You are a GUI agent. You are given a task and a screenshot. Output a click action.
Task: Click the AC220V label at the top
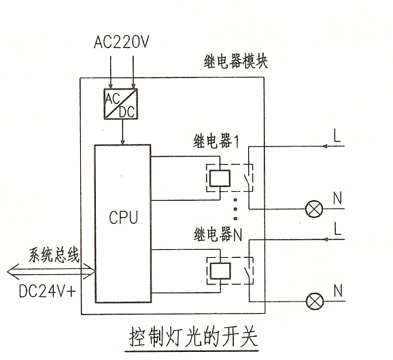122,42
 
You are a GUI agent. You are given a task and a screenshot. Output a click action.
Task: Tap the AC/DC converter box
121,103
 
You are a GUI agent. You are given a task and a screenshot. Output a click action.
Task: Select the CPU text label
123,217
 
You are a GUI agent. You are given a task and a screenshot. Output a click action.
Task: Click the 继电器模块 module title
236,61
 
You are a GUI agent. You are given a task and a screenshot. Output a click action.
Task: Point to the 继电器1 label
216,142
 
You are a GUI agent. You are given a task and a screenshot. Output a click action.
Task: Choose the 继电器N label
218,235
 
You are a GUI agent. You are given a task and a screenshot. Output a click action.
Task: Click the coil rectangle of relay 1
220,178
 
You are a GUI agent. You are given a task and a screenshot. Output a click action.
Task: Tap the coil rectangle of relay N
220,272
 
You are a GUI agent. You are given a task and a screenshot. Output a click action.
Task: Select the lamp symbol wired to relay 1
314,209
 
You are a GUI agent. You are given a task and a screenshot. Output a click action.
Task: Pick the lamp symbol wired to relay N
315,301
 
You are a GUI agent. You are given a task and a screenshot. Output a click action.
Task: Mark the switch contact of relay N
247,271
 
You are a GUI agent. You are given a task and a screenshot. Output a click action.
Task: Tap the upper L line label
337,135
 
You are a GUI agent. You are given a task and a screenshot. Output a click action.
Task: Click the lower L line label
338,229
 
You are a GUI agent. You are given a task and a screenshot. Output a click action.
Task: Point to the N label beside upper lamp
338,198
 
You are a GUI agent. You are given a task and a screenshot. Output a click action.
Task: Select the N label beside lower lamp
338,291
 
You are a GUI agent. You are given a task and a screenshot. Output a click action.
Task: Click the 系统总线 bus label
54,255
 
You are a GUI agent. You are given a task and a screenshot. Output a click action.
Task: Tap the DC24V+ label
48,291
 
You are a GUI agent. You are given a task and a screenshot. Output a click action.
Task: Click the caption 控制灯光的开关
193,337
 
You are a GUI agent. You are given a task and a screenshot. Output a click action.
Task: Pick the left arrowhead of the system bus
13,272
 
